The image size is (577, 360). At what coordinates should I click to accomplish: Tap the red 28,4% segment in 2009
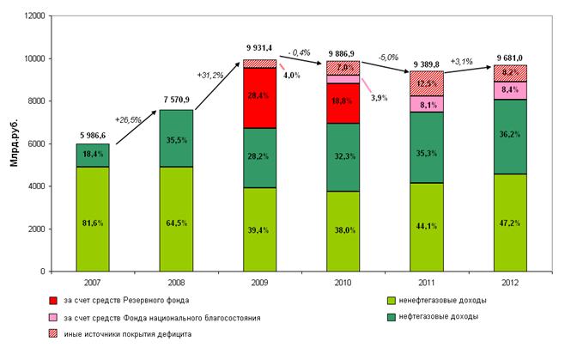coord(259,97)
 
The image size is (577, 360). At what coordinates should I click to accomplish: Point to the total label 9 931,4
coord(259,48)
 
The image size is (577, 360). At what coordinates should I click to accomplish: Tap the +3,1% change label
coord(464,60)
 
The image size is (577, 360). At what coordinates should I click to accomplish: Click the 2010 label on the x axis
coord(342,282)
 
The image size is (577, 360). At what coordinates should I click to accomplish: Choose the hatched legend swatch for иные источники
coord(54,333)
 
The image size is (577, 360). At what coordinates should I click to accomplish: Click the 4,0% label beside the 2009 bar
coord(293,76)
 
